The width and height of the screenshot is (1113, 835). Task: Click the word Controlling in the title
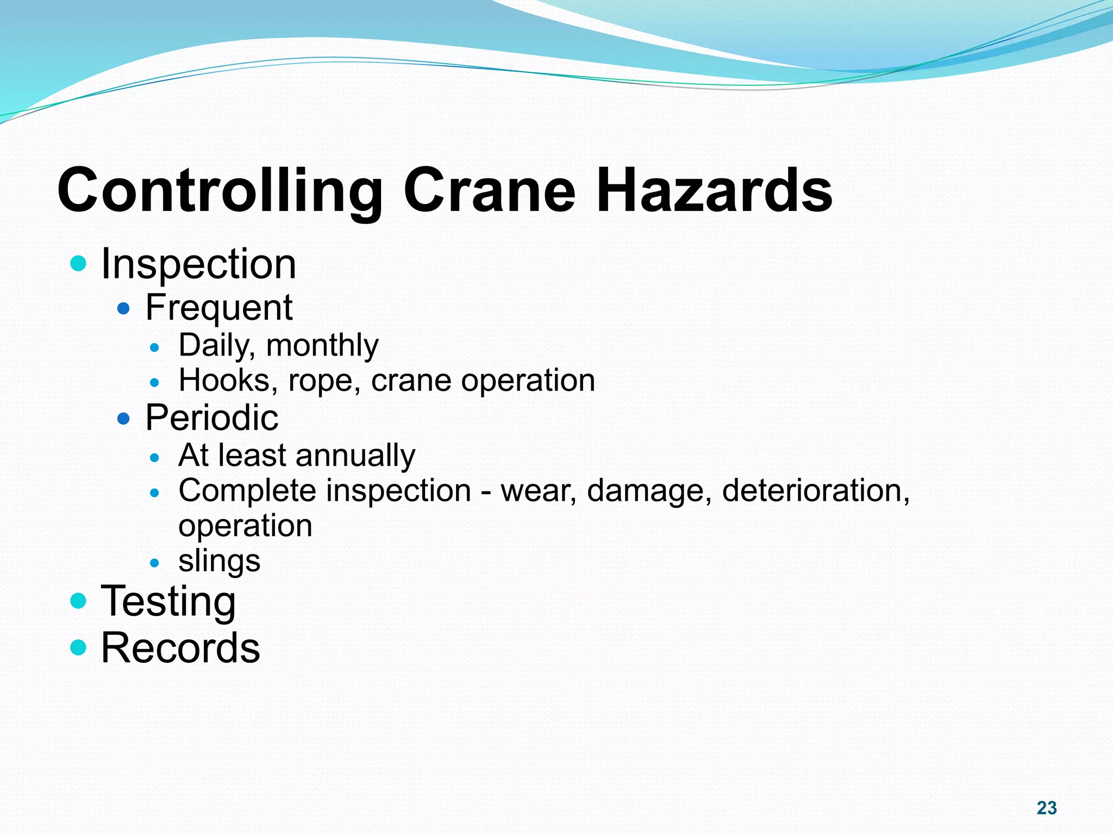(x=220, y=191)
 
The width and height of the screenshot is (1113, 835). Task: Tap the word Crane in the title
(x=489, y=191)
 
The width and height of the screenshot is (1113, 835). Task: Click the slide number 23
(x=1046, y=808)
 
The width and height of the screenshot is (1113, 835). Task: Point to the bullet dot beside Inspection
(x=79, y=264)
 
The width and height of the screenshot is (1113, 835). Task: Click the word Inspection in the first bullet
(x=198, y=264)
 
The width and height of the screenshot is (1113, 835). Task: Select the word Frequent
(x=218, y=308)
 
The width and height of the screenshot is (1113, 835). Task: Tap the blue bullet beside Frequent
(x=124, y=309)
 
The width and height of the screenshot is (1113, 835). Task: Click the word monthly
(x=322, y=346)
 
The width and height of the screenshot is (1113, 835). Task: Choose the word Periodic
(x=211, y=418)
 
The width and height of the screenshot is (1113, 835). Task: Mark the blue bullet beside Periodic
(x=124, y=419)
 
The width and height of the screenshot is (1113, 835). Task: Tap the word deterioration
(x=815, y=491)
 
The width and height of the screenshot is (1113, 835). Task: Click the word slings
(x=219, y=562)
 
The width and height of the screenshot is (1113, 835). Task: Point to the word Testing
(x=168, y=602)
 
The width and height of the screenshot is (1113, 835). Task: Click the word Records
(x=180, y=648)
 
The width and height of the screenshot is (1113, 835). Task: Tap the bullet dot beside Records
(x=79, y=647)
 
